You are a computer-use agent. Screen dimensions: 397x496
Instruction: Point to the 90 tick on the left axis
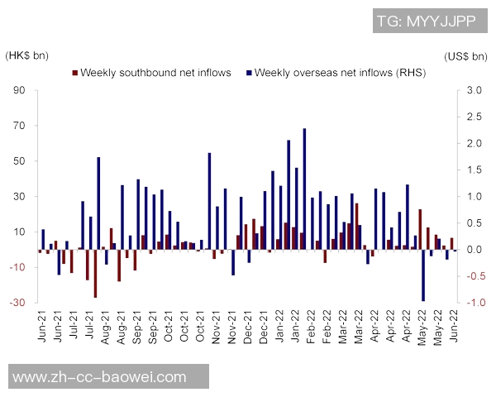point(20,91)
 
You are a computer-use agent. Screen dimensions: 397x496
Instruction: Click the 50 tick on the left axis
point(20,161)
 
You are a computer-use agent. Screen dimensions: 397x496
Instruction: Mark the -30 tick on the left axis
point(18,303)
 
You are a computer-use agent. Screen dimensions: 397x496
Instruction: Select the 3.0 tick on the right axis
point(474,91)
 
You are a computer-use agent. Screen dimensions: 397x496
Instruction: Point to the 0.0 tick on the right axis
point(474,250)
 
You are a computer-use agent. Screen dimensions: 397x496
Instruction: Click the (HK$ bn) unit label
point(26,56)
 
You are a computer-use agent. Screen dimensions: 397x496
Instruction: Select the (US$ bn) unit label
point(467,56)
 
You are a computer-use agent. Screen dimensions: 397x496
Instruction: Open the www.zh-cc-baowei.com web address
point(101,377)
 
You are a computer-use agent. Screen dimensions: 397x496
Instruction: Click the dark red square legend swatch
point(76,74)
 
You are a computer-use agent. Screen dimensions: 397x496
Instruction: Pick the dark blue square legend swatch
point(250,74)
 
